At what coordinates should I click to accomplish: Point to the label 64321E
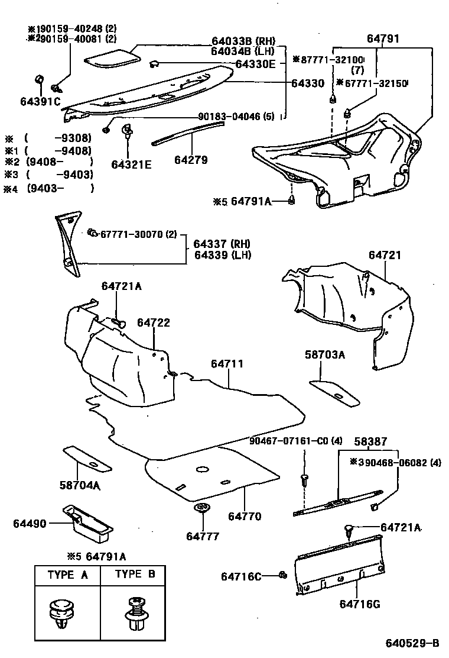point(131,164)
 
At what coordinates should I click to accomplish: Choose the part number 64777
point(203,536)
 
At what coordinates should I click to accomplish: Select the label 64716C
point(241,576)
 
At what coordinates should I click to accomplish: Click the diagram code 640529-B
point(413,643)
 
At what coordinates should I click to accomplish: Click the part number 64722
point(154,322)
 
